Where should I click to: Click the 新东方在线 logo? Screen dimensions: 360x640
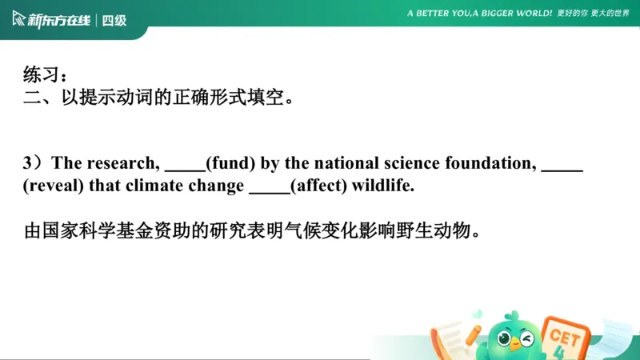[x=51, y=20]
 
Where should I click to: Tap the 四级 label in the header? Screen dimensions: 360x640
[x=114, y=21]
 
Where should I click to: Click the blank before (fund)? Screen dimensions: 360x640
[x=185, y=166]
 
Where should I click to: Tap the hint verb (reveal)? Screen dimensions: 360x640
[x=49, y=186]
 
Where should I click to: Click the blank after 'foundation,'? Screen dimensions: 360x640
[x=562, y=166]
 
